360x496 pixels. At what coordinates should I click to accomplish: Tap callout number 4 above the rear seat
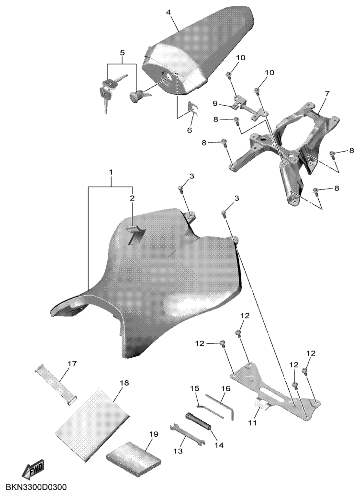pyautogui.click(x=168, y=12)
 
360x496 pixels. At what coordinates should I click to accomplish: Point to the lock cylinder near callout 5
pyautogui.click(x=138, y=95)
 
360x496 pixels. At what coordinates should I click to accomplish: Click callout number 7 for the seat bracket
pyautogui.click(x=327, y=94)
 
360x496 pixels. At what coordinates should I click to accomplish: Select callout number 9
pyautogui.click(x=214, y=103)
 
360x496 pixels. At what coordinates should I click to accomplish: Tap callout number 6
pyautogui.click(x=190, y=130)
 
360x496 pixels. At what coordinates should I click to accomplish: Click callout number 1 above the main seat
pyautogui.click(x=111, y=173)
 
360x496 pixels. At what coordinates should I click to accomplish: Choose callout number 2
pyautogui.click(x=132, y=198)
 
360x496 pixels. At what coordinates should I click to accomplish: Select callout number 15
pyautogui.click(x=195, y=388)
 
